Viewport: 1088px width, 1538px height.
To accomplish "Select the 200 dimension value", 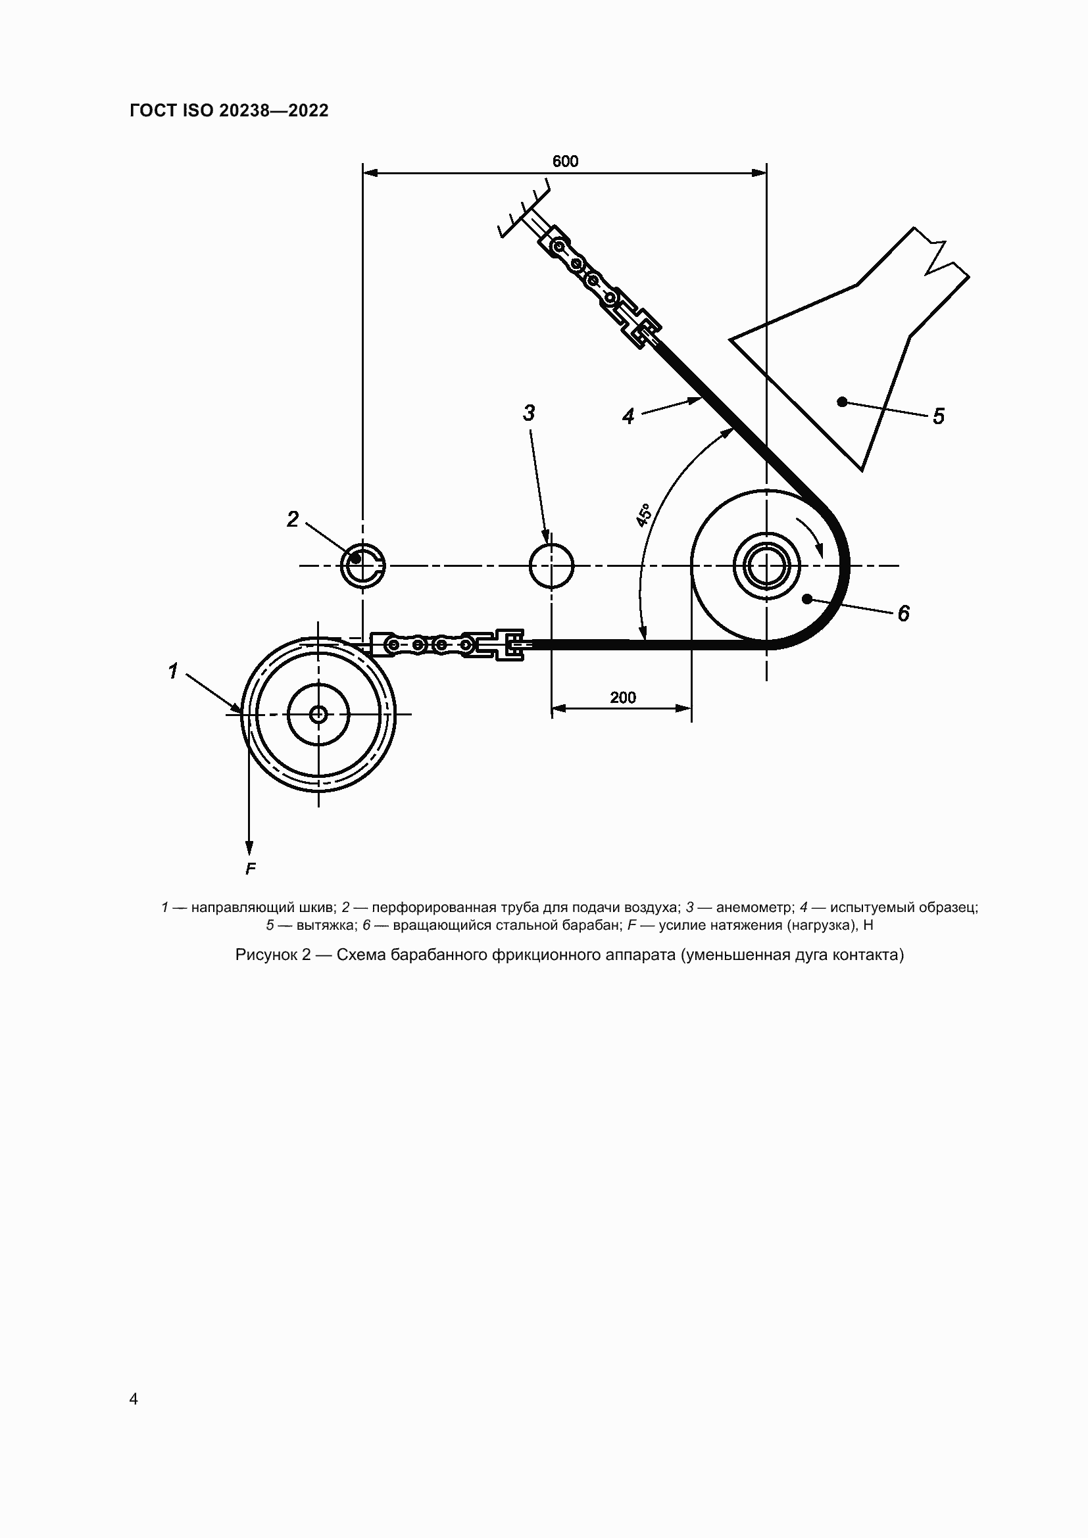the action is point(623,697).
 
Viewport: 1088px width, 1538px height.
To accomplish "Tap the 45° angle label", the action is point(644,514).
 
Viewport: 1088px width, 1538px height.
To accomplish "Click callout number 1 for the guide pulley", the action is point(174,671).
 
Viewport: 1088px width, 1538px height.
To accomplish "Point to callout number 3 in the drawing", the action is point(530,414).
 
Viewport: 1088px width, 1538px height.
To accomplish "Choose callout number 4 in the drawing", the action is point(628,417).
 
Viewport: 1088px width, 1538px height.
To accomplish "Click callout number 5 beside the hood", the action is point(939,416).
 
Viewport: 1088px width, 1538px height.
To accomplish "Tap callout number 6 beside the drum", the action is point(904,613).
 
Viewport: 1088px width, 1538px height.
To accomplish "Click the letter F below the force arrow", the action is point(251,869).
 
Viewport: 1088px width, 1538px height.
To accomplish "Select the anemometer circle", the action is point(551,565).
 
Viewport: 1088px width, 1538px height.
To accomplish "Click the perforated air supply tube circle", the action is point(362,565).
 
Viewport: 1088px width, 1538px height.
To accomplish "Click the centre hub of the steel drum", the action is point(766,566).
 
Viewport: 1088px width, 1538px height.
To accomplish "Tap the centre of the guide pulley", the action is point(318,714).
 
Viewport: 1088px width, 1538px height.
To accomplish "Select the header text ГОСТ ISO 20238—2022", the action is point(229,110).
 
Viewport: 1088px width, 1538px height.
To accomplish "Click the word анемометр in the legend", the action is point(754,907).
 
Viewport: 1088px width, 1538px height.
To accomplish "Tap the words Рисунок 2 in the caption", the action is point(274,955).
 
